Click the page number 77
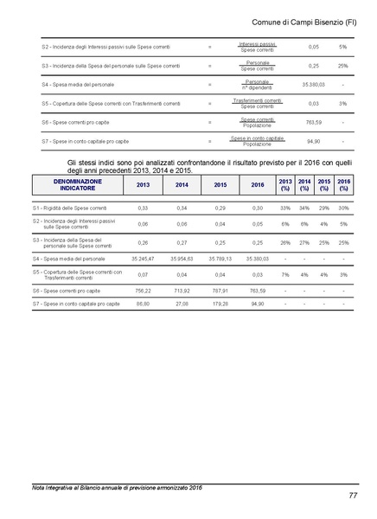(x=353, y=495)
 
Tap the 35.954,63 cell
(x=182, y=259)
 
